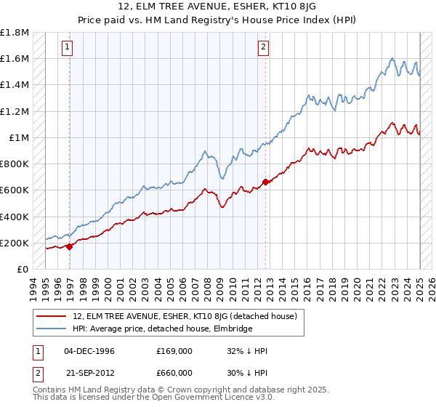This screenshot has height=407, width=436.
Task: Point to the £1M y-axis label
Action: tap(18, 137)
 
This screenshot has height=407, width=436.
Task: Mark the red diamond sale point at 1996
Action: tap(70, 246)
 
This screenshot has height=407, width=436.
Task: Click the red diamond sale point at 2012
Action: tap(266, 182)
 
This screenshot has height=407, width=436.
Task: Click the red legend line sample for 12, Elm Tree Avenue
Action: tap(52, 316)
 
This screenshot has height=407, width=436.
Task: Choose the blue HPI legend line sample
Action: tap(52, 329)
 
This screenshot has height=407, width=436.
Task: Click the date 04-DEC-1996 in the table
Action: tap(89, 351)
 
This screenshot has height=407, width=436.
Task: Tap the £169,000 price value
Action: tap(174, 351)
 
